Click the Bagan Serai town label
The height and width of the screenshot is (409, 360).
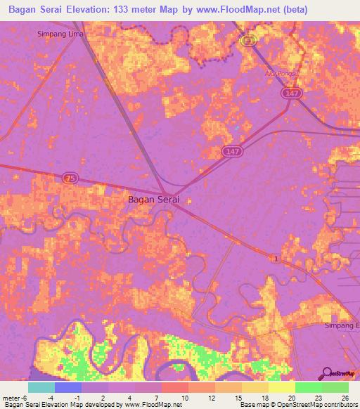(153, 199)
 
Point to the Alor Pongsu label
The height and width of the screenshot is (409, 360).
(282, 73)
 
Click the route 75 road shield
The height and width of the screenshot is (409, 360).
(69, 178)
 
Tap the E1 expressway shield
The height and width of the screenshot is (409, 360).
(247, 41)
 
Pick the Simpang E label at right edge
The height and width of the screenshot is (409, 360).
(342, 325)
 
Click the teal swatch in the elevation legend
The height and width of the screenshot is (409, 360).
(41, 387)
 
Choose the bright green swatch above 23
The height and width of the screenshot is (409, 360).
(308, 387)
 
